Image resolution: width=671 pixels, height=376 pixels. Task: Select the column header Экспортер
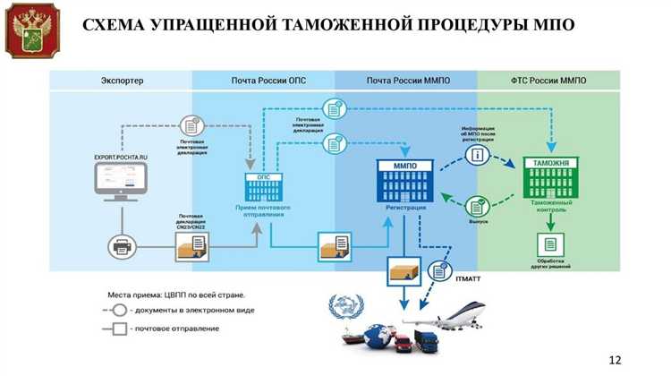[x=121, y=81]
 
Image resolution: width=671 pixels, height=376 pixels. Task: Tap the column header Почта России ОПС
[x=263, y=81]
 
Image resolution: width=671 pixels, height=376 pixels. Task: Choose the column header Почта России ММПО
[x=408, y=81]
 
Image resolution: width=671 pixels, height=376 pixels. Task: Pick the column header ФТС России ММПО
[x=547, y=81]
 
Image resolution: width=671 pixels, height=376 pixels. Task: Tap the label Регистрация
[x=406, y=209]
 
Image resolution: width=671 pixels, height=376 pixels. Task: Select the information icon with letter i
[x=477, y=154]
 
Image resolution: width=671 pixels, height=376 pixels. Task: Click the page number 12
[x=615, y=359]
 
